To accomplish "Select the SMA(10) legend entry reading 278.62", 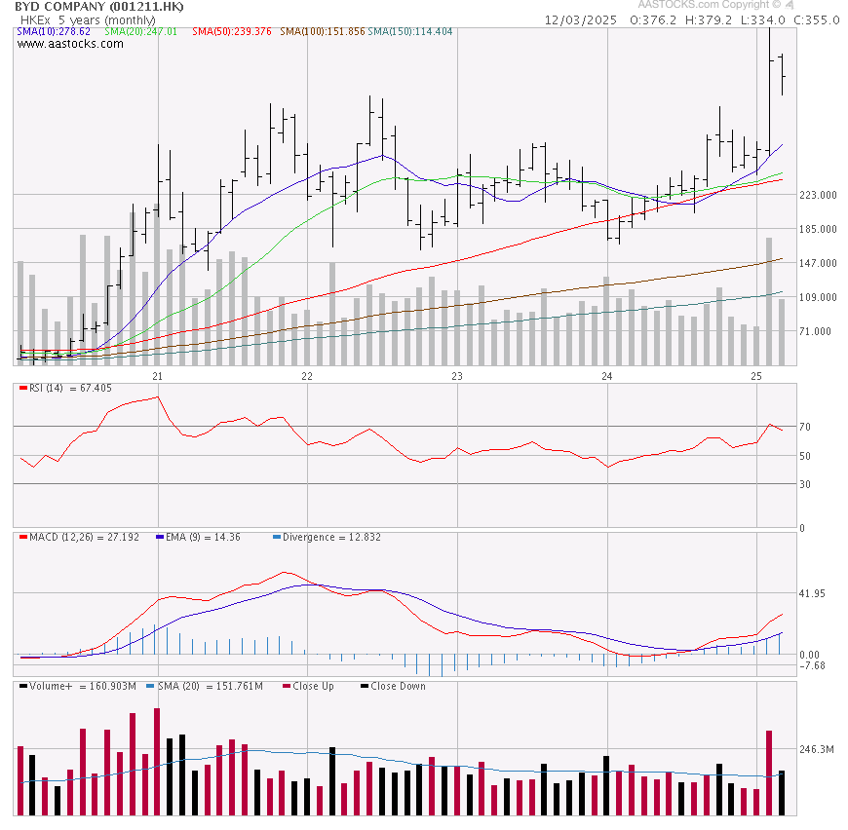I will click(x=54, y=32).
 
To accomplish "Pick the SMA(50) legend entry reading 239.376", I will click(x=231, y=32).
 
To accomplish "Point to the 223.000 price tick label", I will click(x=818, y=196).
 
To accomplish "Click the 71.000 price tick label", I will click(x=816, y=332).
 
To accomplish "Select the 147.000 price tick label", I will click(x=818, y=264).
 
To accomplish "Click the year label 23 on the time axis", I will click(x=456, y=375).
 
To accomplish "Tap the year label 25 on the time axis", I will click(x=756, y=375).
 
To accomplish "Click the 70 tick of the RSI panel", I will click(x=805, y=427).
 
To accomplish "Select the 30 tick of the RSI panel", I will click(x=805, y=484).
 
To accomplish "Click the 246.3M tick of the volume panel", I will click(x=817, y=750).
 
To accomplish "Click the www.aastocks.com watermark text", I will click(x=70, y=44).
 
